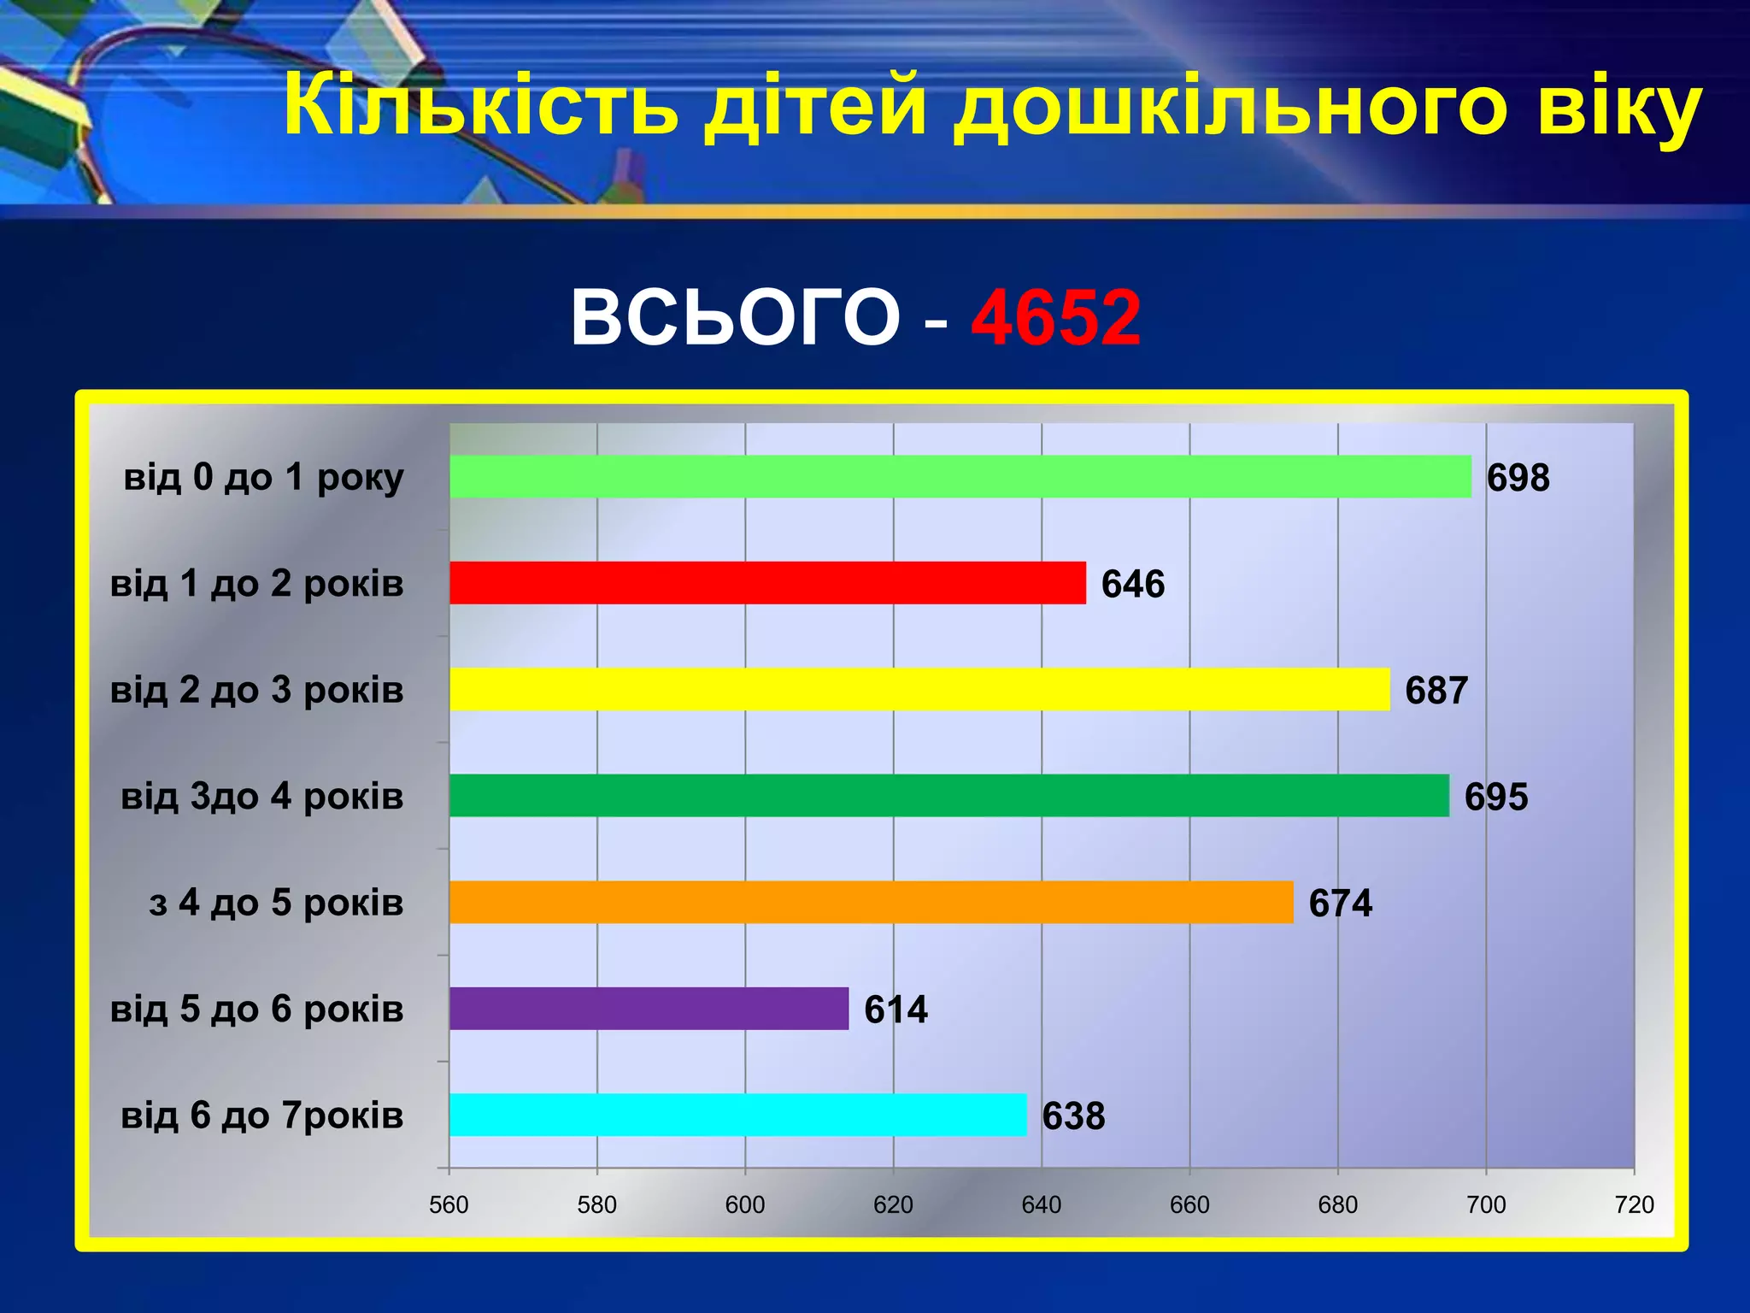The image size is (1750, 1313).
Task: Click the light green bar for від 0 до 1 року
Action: [x=960, y=476]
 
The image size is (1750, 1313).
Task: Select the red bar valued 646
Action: [x=767, y=583]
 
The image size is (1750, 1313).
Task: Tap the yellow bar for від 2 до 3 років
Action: [x=919, y=689]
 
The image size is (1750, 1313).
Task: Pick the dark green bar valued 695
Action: [x=948, y=795]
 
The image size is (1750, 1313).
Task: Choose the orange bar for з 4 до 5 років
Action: [x=871, y=902]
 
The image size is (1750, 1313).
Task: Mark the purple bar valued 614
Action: [x=649, y=1009]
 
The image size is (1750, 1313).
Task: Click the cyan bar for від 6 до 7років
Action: [x=737, y=1115]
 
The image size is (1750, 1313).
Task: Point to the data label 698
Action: [x=1518, y=478]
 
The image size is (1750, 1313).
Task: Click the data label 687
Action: [x=1436, y=691]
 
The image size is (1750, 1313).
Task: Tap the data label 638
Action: [x=1073, y=1116]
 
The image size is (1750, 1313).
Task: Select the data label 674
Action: [x=1340, y=904]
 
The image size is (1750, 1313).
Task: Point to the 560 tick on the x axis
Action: [x=449, y=1204]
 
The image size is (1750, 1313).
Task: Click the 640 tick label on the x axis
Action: [x=1042, y=1204]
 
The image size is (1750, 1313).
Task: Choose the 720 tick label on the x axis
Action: [x=1634, y=1204]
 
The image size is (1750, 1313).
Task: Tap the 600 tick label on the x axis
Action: [x=745, y=1204]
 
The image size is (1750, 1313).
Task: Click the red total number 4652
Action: [x=1055, y=317]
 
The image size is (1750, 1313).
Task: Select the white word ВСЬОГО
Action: [x=735, y=317]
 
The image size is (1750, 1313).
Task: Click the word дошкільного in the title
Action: [x=1230, y=106]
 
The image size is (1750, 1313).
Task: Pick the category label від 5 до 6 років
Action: [x=256, y=1010]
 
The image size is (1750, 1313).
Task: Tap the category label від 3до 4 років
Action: [x=261, y=797]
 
